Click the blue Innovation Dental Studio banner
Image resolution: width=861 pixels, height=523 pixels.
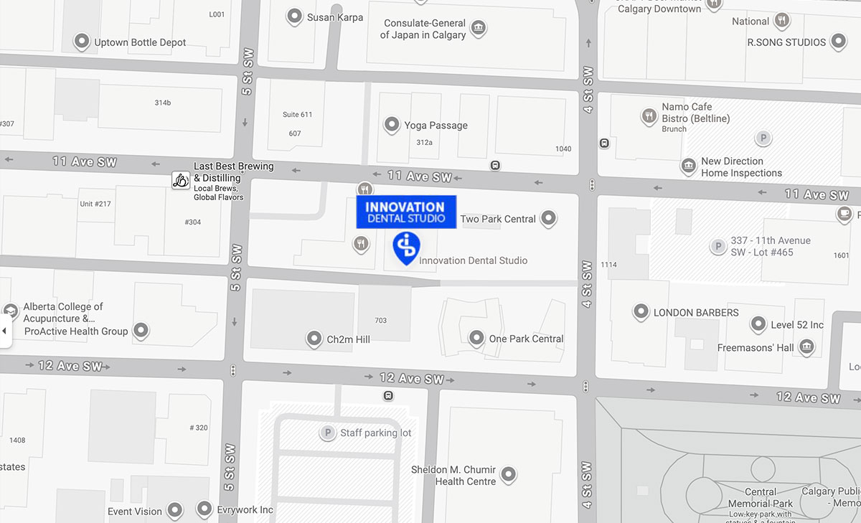(x=406, y=212)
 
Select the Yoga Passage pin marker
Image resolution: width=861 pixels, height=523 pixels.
(x=392, y=125)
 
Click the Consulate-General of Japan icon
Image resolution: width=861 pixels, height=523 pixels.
(x=479, y=29)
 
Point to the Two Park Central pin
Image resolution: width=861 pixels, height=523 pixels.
(x=549, y=218)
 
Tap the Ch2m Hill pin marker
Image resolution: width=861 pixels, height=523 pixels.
(x=314, y=338)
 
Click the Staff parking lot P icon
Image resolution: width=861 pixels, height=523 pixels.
(x=328, y=433)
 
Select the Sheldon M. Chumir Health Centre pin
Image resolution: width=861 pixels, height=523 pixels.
(x=509, y=474)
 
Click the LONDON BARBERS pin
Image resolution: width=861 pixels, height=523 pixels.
(x=641, y=312)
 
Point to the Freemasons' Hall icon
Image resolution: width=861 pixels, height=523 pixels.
(x=806, y=347)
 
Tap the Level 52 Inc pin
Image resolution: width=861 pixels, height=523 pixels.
(x=758, y=324)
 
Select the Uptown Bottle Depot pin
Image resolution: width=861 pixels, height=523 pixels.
(x=82, y=42)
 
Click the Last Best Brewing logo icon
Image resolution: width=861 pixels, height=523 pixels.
(x=181, y=179)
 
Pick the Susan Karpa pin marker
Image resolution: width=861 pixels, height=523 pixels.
(x=294, y=16)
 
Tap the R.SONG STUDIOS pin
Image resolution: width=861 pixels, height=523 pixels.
(x=838, y=42)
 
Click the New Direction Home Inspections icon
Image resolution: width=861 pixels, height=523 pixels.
(x=689, y=166)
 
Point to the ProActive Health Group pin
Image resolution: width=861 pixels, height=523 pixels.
(x=141, y=331)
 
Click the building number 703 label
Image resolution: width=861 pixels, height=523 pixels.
(x=380, y=320)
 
